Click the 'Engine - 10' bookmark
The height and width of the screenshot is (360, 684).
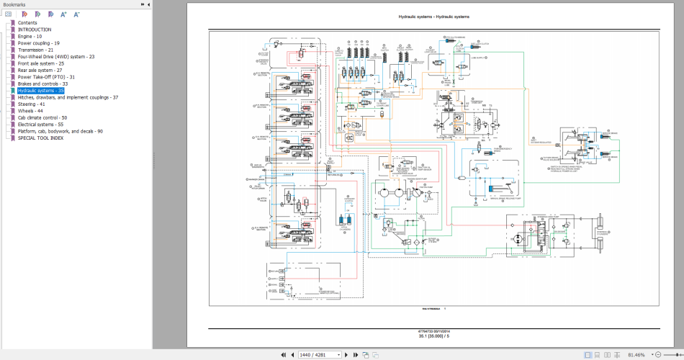coord(30,36)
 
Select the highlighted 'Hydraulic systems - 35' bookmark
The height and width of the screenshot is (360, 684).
coord(40,91)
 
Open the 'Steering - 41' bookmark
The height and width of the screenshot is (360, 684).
coord(32,104)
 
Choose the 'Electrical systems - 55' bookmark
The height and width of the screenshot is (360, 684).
coord(40,125)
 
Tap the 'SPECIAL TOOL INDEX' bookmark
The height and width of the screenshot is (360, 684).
coord(40,138)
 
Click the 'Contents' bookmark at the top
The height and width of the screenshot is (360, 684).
coord(27,22)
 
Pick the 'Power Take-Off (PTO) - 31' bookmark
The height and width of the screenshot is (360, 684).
coord(46,77)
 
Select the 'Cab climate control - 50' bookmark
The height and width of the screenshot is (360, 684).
coord(42,118)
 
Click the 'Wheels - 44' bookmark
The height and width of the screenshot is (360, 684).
coord(31,111)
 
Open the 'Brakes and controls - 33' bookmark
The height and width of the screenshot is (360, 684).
coord(42,84)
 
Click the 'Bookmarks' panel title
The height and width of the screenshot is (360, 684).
coord(14,4)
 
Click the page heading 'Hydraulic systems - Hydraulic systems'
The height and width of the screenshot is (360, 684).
coord(433,17)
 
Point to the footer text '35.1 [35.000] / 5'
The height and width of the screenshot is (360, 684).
coord(433,336)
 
